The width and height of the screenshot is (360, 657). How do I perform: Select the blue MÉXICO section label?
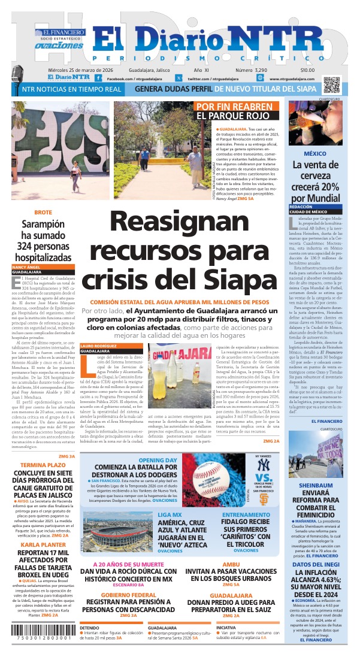pyautogui.click(x=314, y=153)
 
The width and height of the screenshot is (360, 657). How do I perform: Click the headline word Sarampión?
pyautogui.click(x=43, y=225)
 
